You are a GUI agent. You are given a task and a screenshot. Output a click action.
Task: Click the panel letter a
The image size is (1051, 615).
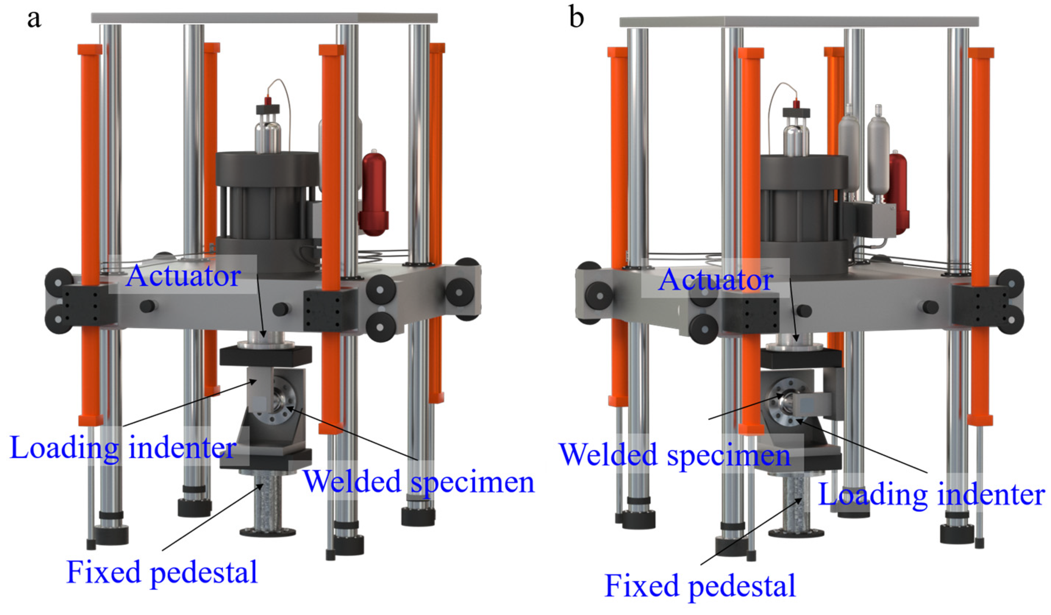coord(34,19)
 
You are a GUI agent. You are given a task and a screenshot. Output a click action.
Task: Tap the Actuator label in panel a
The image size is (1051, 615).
coord(183,276)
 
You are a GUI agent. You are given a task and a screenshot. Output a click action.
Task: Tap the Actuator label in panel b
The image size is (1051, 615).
coord(715,280)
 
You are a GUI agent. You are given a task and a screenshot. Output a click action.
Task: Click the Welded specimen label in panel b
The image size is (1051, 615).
coord(675,454)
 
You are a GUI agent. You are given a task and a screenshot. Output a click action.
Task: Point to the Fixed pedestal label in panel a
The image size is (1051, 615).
coord(162,572)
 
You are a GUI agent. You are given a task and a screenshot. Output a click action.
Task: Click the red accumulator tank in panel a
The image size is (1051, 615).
coord(375,194)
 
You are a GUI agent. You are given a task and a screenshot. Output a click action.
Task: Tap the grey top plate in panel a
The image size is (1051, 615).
coord(264,18)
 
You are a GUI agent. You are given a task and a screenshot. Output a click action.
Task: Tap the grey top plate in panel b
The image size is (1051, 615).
coord(799,22)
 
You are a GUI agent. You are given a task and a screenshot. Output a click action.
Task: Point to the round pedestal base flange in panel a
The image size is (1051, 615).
coord(268,532)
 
